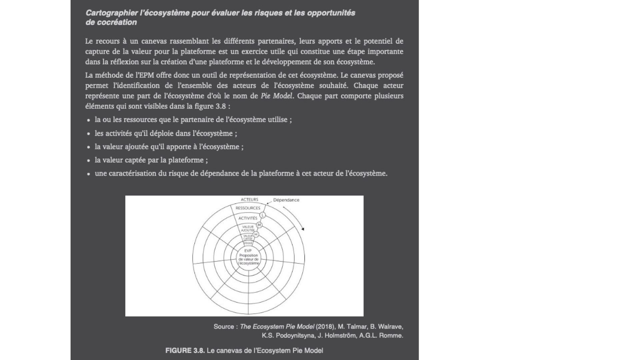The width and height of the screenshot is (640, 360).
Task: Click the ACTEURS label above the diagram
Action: point(249,200)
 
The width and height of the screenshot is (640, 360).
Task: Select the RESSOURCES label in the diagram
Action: point(248,208)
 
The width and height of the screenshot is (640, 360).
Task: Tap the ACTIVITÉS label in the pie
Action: point(248,218)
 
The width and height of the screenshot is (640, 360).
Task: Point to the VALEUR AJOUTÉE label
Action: point(248,229)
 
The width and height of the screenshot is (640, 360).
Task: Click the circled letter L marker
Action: point(263,215)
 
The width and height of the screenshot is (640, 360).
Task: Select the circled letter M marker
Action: point(259,225)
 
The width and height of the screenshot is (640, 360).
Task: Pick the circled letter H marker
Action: point(256,234)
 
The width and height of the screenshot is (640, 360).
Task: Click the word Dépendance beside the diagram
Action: point(286,200)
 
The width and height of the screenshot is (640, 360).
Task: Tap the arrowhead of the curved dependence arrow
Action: point(303,229)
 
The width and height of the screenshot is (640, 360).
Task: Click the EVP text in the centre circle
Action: point(248,251)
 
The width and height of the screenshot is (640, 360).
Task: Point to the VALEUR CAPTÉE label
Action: point(248,237)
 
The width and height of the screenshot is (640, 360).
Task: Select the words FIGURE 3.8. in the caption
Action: point(185,351)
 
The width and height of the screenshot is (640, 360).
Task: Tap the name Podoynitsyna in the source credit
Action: point(293,336)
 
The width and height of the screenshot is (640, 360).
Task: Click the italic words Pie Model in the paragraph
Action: point(276,96)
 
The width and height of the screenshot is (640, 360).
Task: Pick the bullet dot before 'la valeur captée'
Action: point(89,161)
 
